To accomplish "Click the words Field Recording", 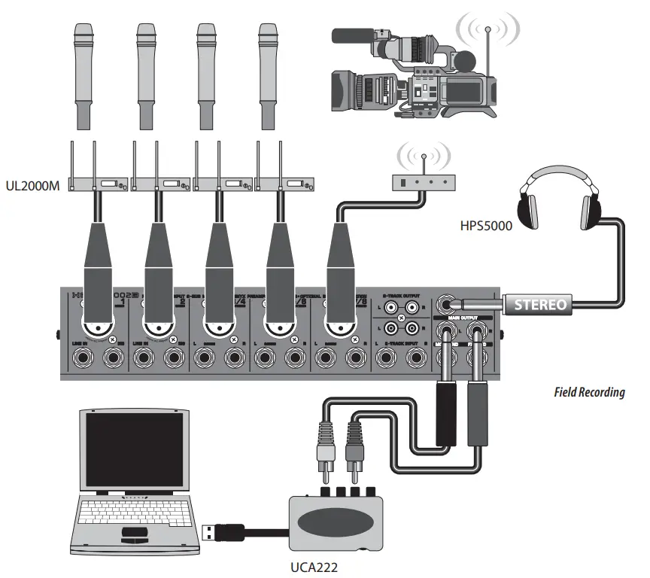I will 588,392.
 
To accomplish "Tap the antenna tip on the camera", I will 487,29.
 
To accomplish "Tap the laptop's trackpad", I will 135,534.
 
